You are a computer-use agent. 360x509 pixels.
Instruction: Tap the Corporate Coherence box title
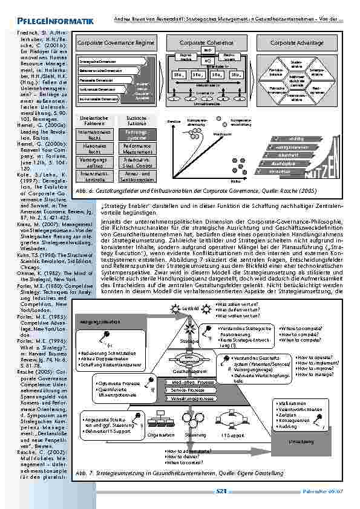203,44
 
